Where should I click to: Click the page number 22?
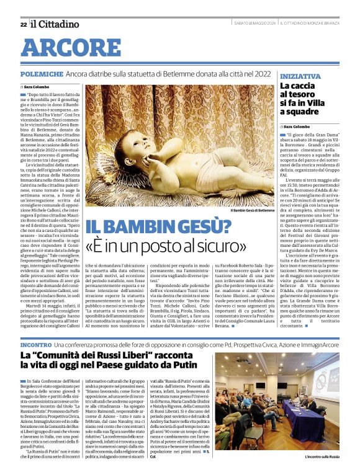tap(22, 24)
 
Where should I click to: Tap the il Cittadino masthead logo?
tap(55, 24)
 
